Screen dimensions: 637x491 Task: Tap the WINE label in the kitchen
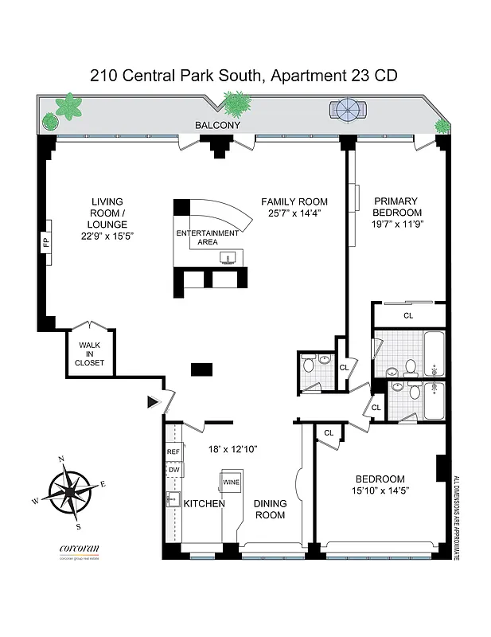[231, 483]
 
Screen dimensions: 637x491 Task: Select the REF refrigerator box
[173, 452]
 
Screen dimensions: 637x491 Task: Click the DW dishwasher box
[173, 471]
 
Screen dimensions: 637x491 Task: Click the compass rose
[70, 493]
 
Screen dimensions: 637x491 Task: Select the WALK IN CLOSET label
[90, 354]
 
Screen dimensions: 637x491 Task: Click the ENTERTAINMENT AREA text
[207, 237]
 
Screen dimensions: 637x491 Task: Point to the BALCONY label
[217, 126]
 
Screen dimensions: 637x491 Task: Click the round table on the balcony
[349, 110]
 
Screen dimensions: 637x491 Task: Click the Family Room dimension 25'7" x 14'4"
[294, 213]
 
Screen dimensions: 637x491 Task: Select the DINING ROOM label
[269, 509]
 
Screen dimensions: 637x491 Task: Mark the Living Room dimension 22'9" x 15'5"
[107, 236]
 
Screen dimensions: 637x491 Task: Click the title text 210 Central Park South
[177, 76]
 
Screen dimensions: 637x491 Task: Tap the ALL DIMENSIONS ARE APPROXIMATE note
[456, 518]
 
